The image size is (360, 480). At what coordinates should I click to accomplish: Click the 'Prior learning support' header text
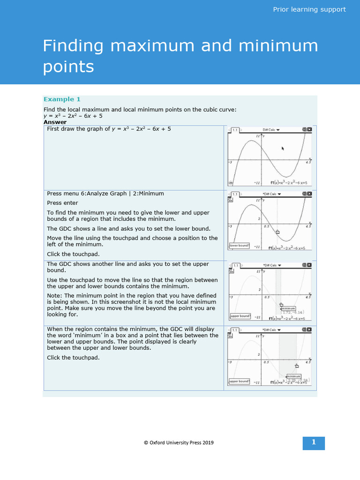pyautogui.click(x=309, y=9)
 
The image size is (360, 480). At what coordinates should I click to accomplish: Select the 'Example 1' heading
pyautogui.click(x=62, y=99)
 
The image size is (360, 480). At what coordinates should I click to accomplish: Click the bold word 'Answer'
pyautogui.click(x=55, y=122)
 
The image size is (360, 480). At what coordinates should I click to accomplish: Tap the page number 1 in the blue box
pyautogui.click(x=314, y=442)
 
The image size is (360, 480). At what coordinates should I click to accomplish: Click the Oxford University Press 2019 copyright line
pyautogui.click(x=179, y=442)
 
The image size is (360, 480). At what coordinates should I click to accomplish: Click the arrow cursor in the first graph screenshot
pyautogui.click(x=283, y=148)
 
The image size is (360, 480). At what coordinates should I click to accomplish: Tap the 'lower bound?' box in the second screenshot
pyautogui.click(x=239, y=246)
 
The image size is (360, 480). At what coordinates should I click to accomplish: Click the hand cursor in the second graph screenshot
pyautogui.click(x=277, y=232)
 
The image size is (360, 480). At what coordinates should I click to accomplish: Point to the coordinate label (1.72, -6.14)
pyautogui.click(x=293, y=312)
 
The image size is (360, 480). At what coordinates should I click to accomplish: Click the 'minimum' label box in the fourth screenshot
pyautogui.click(x=293, y=376)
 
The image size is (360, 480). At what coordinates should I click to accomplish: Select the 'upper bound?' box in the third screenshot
pyautogui.click(x=240, y=315)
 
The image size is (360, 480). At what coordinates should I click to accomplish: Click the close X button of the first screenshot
pyautogui.click(x=309, y=129)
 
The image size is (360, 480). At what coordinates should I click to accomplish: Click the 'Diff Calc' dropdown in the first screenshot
pyautogui.click(x=271, y=129)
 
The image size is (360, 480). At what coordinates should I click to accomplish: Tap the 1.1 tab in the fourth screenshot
pyautogui.click(x=235, y=330)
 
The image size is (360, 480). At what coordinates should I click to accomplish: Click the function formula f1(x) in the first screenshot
pyautogui.click(x=291, y=183)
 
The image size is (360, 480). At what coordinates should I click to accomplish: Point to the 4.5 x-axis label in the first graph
pyautogui.click(x=308, y=162)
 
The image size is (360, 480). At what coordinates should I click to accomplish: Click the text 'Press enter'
pyautogui.click(x=62, y=203)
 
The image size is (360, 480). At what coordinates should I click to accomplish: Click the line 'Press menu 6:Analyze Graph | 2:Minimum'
pyautogui.click(x=105, y=193)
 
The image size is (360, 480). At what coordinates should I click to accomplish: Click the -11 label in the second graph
pyautogui.click(x=256, y=247)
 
